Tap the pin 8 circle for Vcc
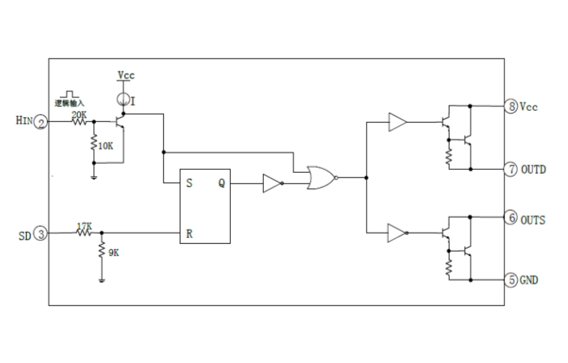click(511, 106)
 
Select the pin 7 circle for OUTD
click(511, 169)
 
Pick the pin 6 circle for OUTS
click(511, 219)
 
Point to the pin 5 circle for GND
click(511, 280)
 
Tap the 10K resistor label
click(106, 145)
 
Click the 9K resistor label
click(113, 254)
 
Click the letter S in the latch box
click(189, 183)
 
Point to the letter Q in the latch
click(221, 183)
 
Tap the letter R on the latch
click(190, 234)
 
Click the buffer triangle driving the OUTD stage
click(397, 123)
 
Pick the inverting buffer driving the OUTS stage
click(397, 234)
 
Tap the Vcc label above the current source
click(126, 76)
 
